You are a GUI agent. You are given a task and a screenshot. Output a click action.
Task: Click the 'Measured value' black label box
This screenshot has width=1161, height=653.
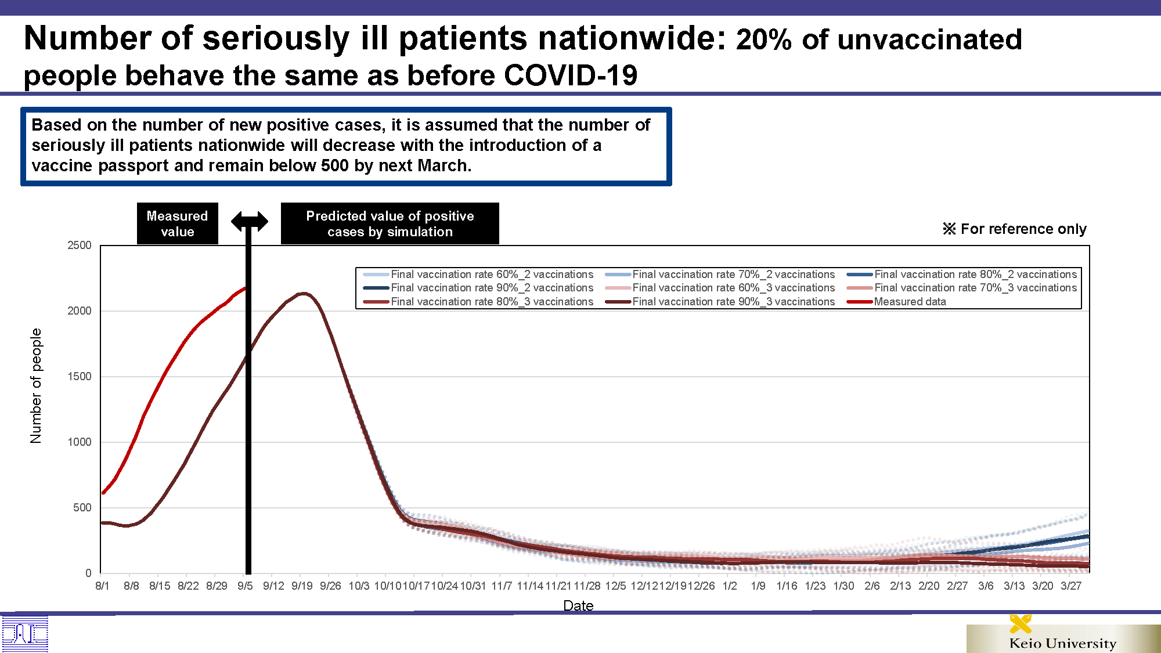(177, 223)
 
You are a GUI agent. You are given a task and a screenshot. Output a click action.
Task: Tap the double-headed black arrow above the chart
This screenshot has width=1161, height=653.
(250, 221)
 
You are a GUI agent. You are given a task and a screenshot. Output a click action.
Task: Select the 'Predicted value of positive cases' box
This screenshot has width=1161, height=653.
(390, 223)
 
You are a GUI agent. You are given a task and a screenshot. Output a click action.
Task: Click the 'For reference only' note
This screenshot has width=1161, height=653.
(1015, 229)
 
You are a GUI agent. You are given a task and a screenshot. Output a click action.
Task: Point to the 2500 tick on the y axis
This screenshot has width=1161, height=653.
(80, 246)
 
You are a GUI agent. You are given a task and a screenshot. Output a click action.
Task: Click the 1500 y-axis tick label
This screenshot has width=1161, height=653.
(80, 377)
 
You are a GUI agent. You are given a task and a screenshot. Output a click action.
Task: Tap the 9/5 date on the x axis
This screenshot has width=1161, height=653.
(245, 586)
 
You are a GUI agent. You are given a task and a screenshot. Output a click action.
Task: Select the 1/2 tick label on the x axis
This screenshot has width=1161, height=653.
(730, 586)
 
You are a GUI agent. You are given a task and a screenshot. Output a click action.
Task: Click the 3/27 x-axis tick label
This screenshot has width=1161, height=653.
(1071, 586)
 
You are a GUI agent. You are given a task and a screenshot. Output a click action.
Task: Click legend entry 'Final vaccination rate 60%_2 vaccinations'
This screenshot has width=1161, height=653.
(478, 274)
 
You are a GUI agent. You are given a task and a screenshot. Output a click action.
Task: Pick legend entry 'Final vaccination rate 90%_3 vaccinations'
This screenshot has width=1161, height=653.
(720, 302)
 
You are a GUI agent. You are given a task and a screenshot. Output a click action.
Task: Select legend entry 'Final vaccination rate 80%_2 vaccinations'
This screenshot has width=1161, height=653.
(962, 274)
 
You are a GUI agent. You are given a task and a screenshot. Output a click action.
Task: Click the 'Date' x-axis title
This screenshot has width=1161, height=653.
(578, 605)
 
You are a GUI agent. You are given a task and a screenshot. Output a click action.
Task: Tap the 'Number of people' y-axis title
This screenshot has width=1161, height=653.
(36, 386)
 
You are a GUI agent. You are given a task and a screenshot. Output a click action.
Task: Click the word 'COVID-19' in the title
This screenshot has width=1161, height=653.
(571, 75)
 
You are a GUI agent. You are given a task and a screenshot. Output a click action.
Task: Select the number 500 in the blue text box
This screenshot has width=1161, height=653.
(335, 166)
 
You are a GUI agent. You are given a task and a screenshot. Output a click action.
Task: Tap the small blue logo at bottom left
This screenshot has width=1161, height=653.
(25, 634)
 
